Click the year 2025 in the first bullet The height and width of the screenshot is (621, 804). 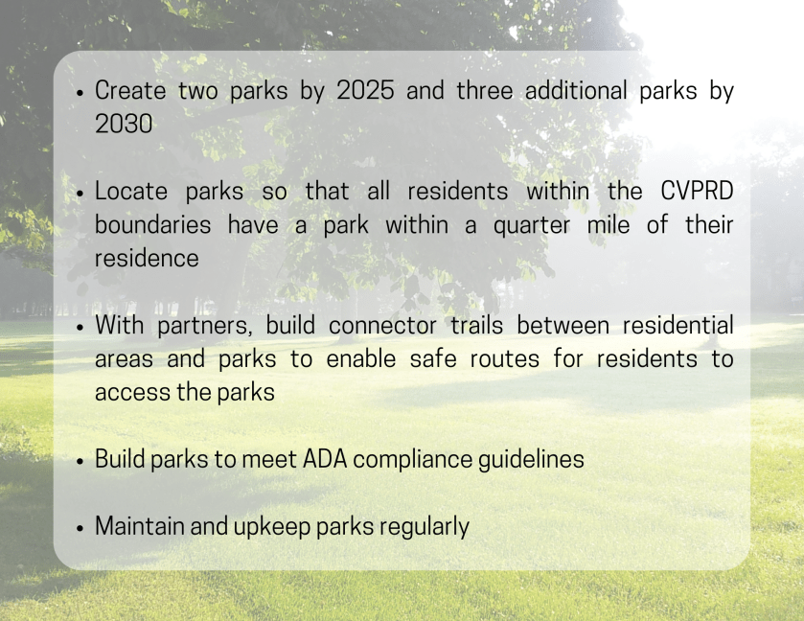365,90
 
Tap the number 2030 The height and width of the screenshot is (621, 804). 124,124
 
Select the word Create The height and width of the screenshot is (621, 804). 130,90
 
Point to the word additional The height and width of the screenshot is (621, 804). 576,90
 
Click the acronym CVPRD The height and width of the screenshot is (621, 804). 697,191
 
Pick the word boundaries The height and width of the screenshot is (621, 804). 152,224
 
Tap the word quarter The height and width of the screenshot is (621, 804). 532,225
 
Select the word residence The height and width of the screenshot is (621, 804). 147,258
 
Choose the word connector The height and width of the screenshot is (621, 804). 382,326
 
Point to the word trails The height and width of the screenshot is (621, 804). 477,325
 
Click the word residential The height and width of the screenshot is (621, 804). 677,325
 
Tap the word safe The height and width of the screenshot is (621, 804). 433,358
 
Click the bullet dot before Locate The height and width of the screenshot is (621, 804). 80,194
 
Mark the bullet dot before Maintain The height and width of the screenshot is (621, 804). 80,529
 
